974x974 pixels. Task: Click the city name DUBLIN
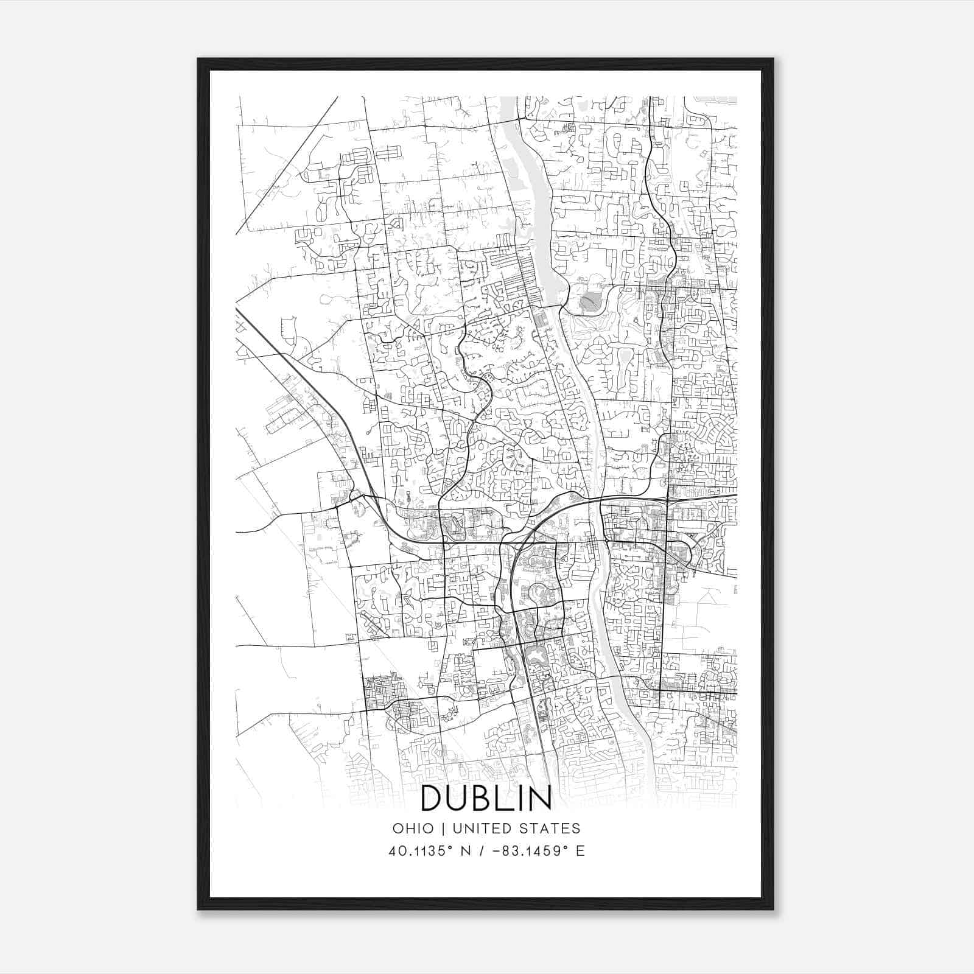coord(486,797)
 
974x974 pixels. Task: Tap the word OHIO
coord(413,829)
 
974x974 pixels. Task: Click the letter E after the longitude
coord(580,851)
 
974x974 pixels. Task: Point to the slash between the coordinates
coord(482,851)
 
